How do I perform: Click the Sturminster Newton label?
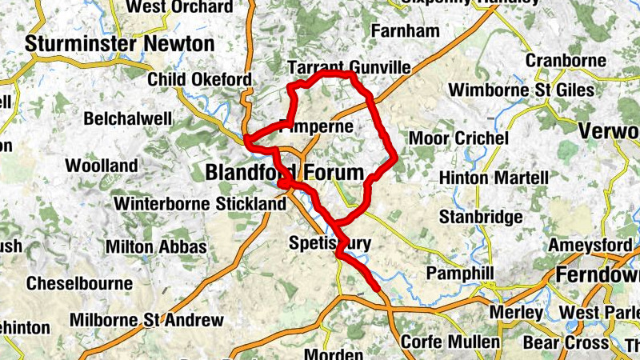pyautogui.click(x=119, y=44)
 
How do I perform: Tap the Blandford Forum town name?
pyautogui.click(x=284, y=172)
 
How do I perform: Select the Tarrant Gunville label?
pyautogui.click(x=348, y=67)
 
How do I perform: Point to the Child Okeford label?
pyautogui.click(x=200, y=80)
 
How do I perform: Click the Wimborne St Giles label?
pyautogui.click(x=522, y=90)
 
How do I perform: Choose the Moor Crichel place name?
pyautogui.click(x=458, y=138)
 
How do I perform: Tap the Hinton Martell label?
pyautogui.click(x=494, y=177)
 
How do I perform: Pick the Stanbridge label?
pyautogui.click(x=481, y=217)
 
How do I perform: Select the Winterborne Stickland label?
pyautogui.click(x=199, y=204)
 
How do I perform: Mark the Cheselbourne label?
pyautogui.click(x=79, y=283)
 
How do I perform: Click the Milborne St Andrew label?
pyautogui.click(x=146, y=320)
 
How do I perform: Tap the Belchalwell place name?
pyautogui.click(x=128, y=118)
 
